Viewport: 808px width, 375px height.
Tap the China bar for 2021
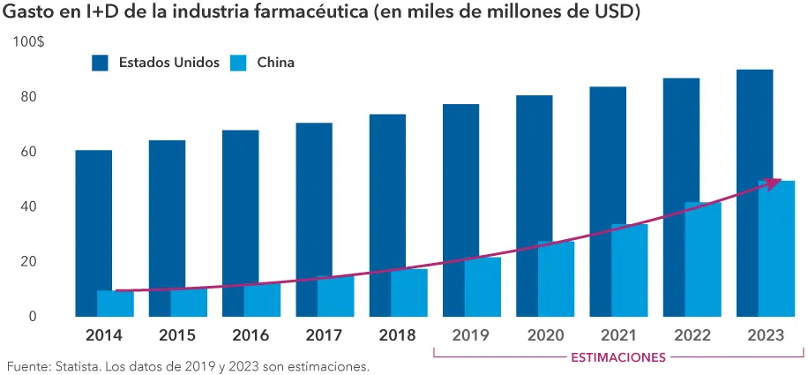[630, 270]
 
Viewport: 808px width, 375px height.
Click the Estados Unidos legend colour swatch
[100, 63]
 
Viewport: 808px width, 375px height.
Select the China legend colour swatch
[238, 63]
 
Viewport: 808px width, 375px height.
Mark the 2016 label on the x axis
[251, 336]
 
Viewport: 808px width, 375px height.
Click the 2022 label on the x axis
[692, 336]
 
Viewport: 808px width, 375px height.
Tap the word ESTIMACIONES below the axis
[618, 357]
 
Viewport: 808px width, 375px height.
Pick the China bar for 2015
[189, 302]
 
